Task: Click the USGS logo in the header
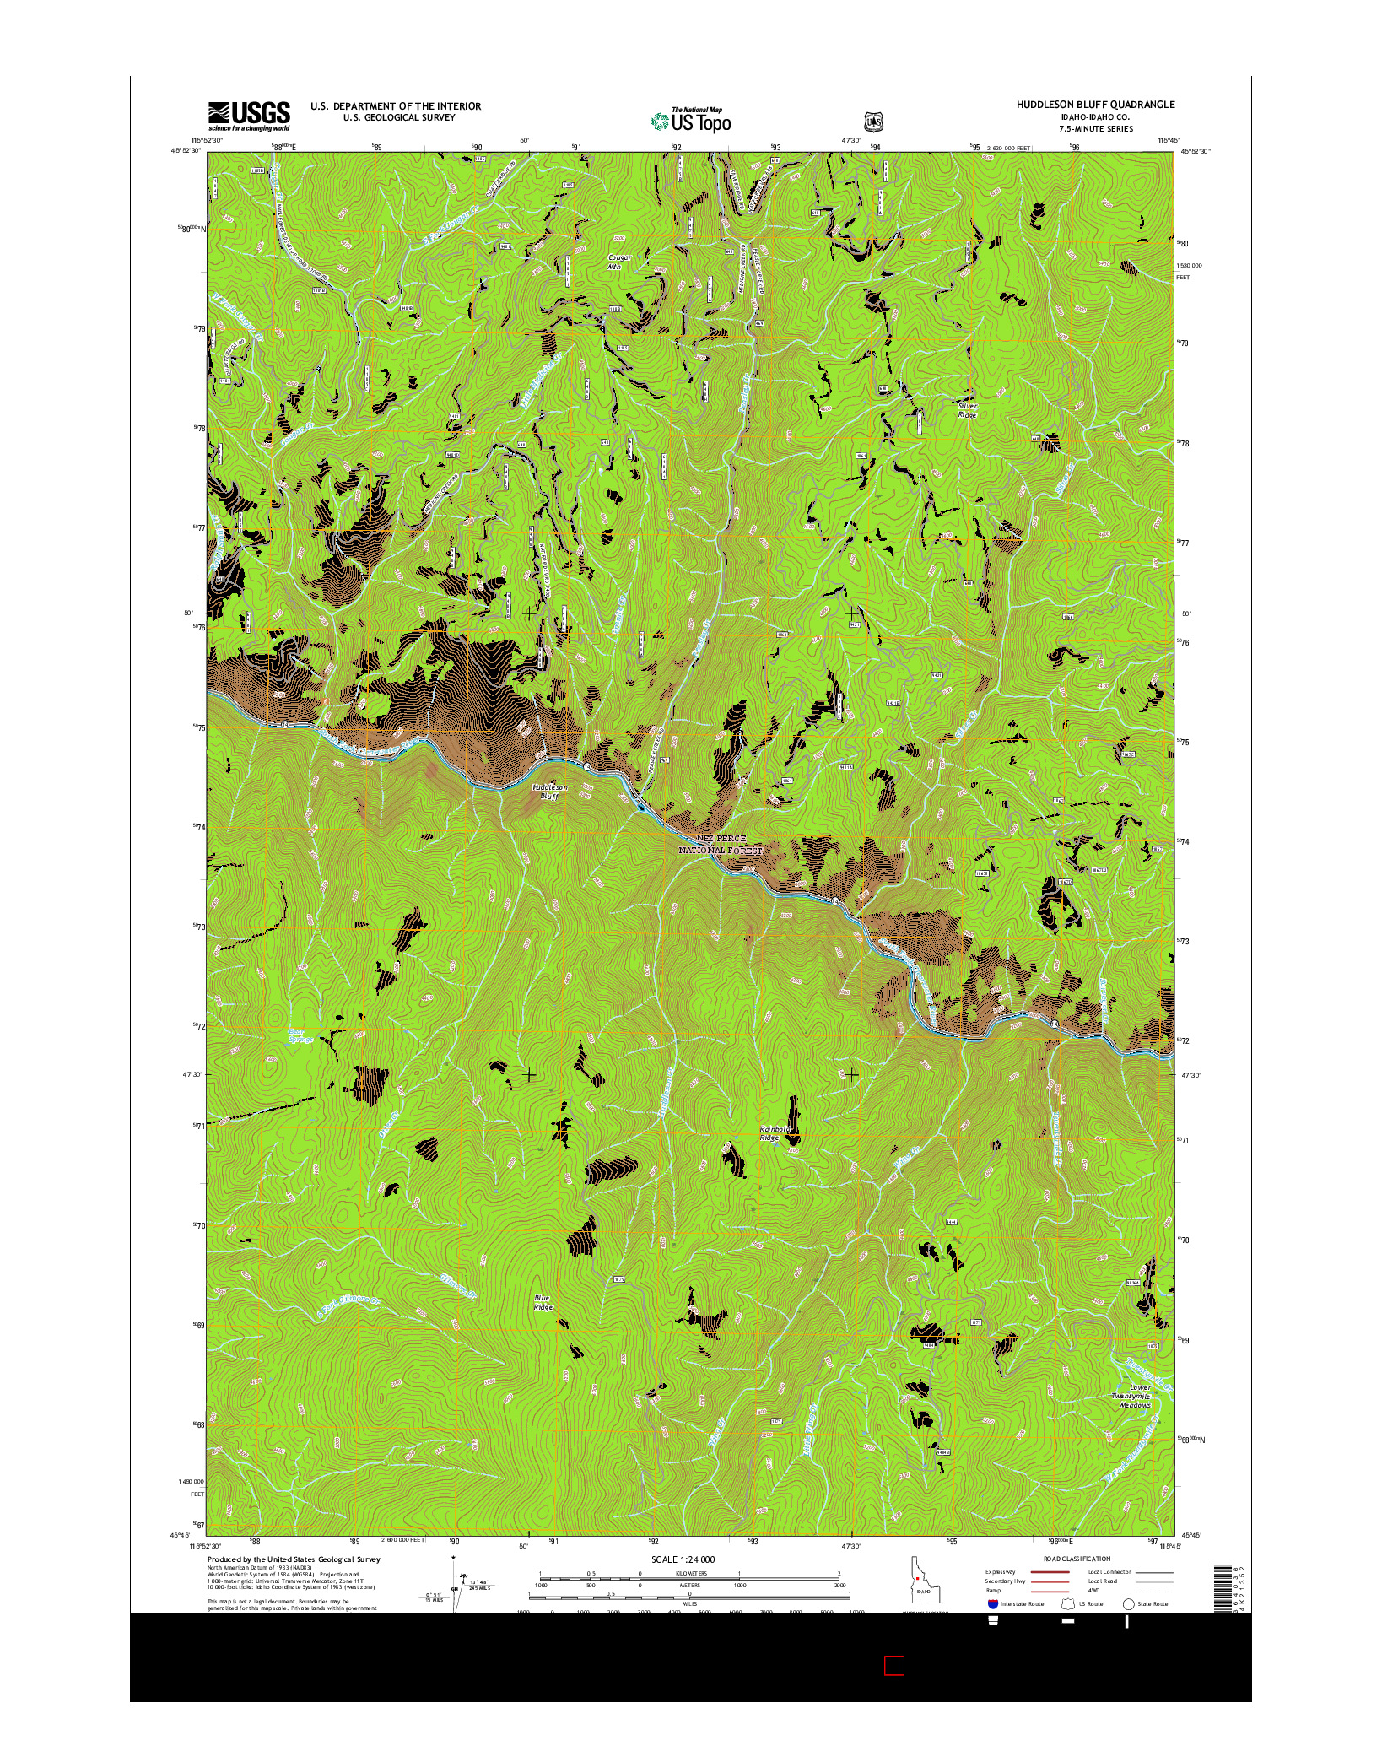pos(249,116)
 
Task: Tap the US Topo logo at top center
pos(691,121)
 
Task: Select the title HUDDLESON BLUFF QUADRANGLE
pos(1094,105)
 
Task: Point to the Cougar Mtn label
pos(620,262)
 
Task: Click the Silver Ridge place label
pos(967,410)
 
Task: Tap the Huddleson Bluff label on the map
pos(549,792)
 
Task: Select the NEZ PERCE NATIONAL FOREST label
pos(721,844)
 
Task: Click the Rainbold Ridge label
pos(775,1132)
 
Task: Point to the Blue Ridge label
pos(543,1303)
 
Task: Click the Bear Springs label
pos(300,1035)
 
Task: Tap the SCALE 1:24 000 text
pos(683,1559)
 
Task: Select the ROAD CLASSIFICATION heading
pos(1077,1559)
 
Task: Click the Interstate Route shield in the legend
pos(992,1603)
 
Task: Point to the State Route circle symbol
pos(1128,1603)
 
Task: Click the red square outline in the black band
pos(894,1665)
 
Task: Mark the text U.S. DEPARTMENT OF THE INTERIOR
pos(396,106)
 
